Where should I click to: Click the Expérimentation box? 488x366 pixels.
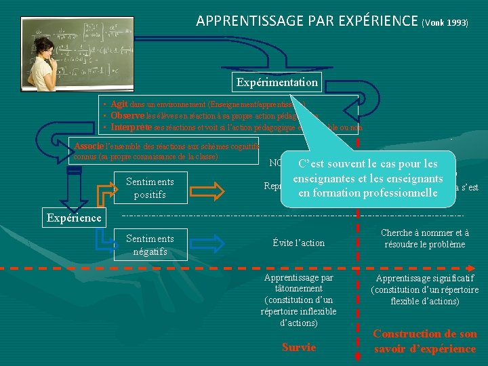pos(277,83)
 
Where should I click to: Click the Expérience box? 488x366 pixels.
pos(74,218)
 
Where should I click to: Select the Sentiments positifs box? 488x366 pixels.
pos(150,188)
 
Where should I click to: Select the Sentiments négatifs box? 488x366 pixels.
pos(150,245)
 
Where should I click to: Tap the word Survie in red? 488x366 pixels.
pos(298,347)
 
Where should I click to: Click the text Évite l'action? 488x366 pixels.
pos(298,243)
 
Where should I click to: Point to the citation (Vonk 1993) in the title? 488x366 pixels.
pos(445,22)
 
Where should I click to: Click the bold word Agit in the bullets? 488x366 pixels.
pos(119,104)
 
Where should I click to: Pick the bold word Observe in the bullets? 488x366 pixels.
pos(128,116)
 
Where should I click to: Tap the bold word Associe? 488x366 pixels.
pos(89,146)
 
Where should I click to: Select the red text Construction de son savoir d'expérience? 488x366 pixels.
pos(424,341)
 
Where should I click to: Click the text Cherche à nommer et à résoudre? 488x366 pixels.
pos(424,239)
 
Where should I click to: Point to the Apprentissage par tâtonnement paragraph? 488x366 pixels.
pos(298,300)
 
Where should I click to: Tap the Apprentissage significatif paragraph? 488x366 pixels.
pos(424,289)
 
